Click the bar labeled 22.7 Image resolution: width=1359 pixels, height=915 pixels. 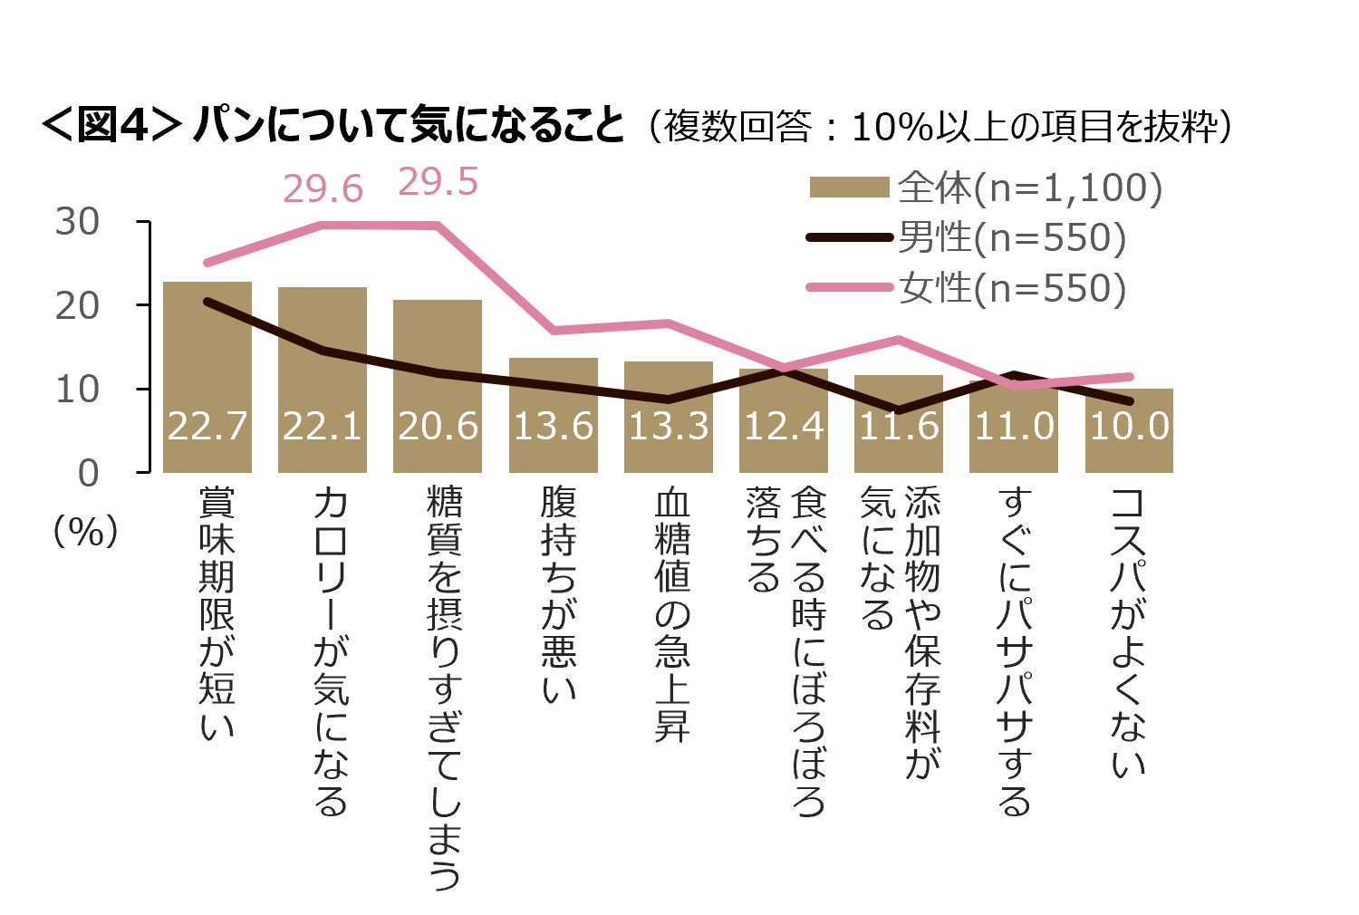[x=207, y=376]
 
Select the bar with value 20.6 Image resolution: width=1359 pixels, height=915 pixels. [x=438, y=385]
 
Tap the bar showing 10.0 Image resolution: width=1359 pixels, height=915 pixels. [x=1129, y=430]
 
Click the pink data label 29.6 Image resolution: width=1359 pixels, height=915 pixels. [x=323, y=189]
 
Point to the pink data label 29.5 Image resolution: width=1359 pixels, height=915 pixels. [x=438, y=182]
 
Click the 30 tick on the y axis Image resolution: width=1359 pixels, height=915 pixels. [x=77, y=222]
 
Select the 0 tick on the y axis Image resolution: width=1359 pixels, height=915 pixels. [x=88, y=473]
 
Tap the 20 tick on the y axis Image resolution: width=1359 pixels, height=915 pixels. [x=77, y=306]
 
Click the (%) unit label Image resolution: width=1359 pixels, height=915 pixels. [x=86, y=532]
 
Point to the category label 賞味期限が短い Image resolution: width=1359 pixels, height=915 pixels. [x=217, y=612]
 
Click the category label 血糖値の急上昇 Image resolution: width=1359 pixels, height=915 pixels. [x=672, y=616]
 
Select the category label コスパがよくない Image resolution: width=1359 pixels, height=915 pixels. [x=1129, y=631]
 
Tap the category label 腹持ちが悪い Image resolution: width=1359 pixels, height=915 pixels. [x=558, y=594]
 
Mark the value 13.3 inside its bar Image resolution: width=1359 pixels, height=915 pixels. [x=669, y=426]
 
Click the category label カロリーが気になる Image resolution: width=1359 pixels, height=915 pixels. [x=331, y=650]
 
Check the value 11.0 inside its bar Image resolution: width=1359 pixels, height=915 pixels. [x=1014, y=426]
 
